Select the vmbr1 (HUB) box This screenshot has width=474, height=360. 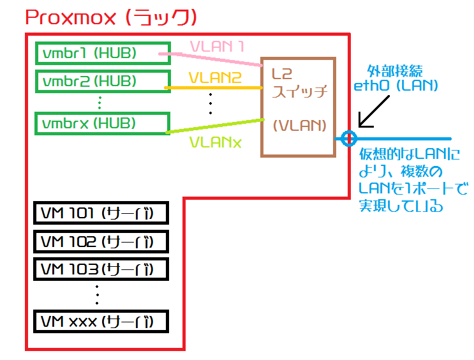(x=102, y=53)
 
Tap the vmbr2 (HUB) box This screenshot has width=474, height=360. (x=102, y=82)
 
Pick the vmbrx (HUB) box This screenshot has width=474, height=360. (x=102, y=123)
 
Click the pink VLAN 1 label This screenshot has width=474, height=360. (x=218, y=47)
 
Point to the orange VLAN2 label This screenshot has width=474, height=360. (x=215, y=77)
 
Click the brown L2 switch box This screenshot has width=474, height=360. (x=297, y=107)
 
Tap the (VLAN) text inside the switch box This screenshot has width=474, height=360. (x=299, y=125)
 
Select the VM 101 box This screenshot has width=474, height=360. (x=100, y=213)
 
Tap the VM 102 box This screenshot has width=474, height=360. (x=100, y=241)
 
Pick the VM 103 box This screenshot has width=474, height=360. (x=100, y=269)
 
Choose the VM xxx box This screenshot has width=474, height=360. (x=100, y=320)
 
